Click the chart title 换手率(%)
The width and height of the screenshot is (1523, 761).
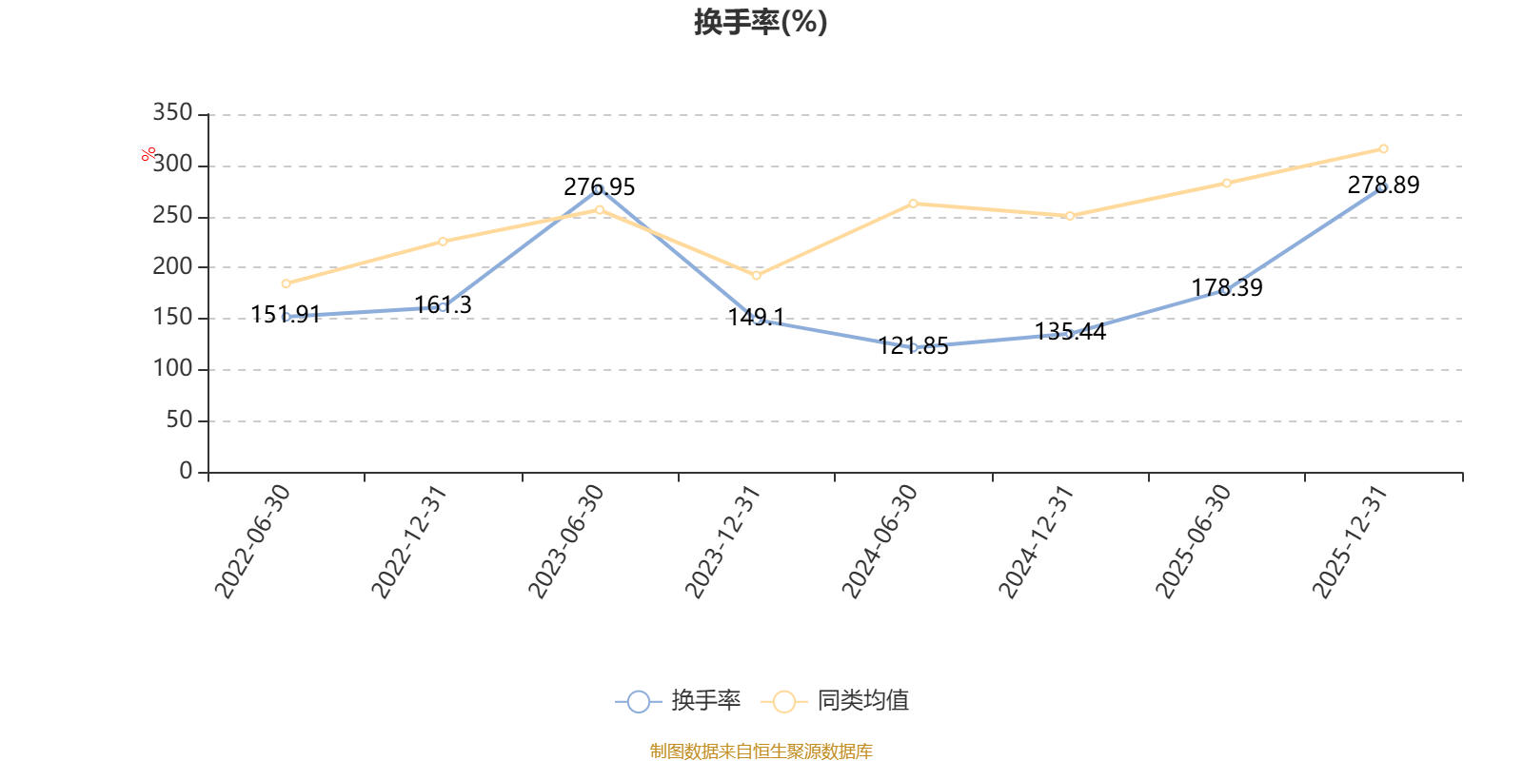point(761,22)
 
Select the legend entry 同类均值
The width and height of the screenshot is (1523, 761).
point(834,700)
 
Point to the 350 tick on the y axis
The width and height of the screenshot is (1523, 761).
point(172,112)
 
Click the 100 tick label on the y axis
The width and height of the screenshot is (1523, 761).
point(172,368)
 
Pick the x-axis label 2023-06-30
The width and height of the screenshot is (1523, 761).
point(566,541)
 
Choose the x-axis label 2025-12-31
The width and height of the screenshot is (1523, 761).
point(1350,541)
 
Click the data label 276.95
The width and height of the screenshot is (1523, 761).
point(599,186)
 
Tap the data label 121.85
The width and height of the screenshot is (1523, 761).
point(913,346)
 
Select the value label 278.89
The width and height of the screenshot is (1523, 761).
point(1384,185)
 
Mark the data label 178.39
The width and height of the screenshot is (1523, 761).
point(1227,287)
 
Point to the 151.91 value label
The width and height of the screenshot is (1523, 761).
point(286,315)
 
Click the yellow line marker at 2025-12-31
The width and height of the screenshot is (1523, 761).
point(1384,148)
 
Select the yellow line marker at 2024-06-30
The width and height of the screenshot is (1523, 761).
point(913,204)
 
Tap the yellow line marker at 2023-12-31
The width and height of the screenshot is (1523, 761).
point(756,276)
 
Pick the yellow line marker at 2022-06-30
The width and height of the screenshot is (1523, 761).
point(286,284)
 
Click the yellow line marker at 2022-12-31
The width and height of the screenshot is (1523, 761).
point(443,242)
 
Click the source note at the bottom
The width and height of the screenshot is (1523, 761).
point(761,751)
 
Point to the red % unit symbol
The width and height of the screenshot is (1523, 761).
point(148,154)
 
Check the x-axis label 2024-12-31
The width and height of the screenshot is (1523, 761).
point(1037,541)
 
